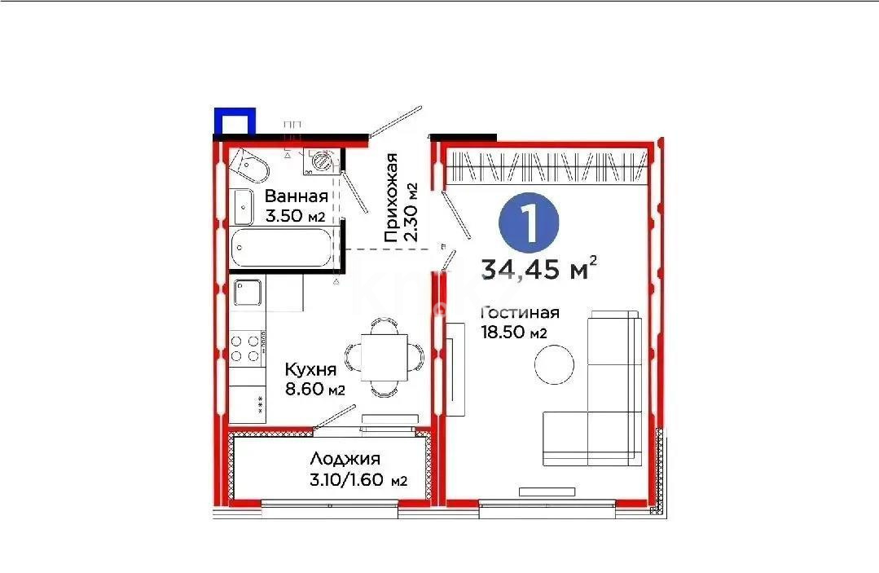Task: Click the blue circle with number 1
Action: tap(529, 223)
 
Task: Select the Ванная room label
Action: tap(296, 196)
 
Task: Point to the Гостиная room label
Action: tap(520, 313)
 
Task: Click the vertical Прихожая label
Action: tap(392, 198)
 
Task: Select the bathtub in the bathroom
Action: tap(282, 248)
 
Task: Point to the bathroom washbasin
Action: tap(244, 205)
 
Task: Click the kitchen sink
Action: tap(248, 293)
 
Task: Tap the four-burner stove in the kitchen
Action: tap(247, 346)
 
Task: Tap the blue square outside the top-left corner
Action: tap(235, 121)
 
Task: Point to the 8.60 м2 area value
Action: tap(314, 390)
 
